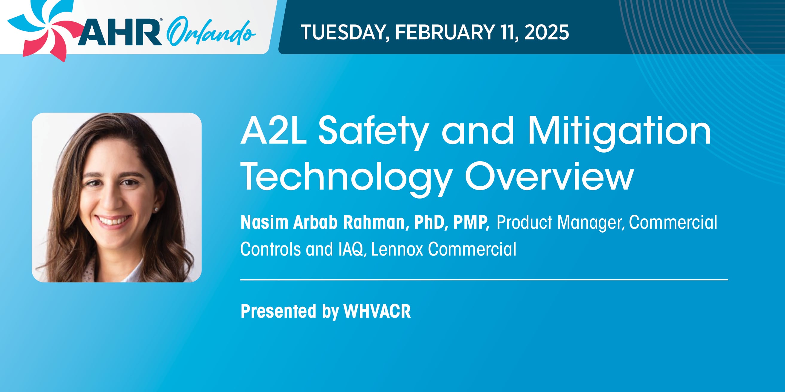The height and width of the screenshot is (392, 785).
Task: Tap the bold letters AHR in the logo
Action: click(x=120, y=32)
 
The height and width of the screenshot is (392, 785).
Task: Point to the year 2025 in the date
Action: click(x=547, y=32)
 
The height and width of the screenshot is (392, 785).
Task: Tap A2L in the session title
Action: click(x=274, y=131)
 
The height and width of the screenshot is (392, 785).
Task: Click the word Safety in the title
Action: click(x=374, y=134)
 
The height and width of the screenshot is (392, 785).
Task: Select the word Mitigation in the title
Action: click(x=619, y=134)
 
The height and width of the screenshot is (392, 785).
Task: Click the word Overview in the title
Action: click(x=549, y=176)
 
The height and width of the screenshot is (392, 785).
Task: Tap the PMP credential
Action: click(x=471, y=223)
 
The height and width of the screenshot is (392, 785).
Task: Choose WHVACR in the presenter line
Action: click(x=377, y=311)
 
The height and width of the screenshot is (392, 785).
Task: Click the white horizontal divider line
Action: click(x=484, y=279)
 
